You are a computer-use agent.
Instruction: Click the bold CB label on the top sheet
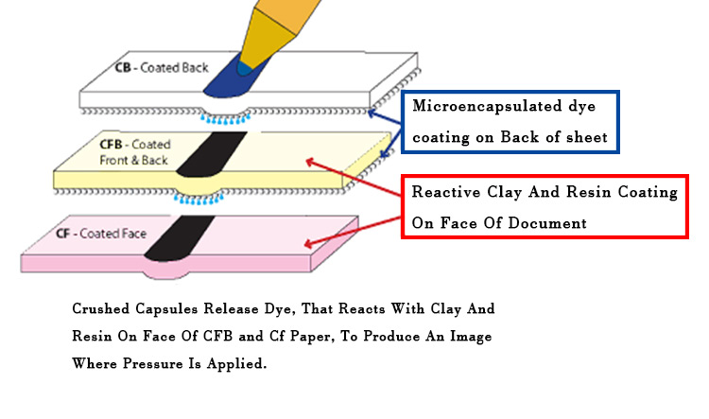pos(124,68)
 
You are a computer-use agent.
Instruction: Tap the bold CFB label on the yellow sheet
pos(112,144)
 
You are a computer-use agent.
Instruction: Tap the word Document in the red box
pos(554,224)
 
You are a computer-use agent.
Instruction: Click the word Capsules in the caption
pos(180,309)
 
